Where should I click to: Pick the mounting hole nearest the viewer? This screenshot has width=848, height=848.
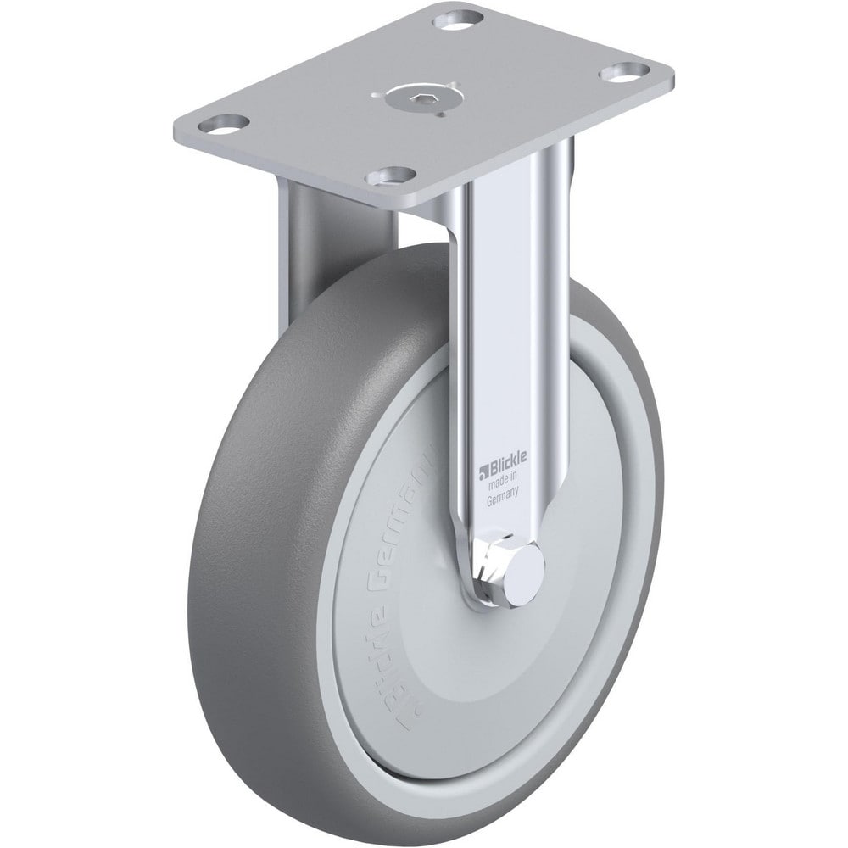[391, 176]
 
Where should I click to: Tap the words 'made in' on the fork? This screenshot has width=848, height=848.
[504, 484]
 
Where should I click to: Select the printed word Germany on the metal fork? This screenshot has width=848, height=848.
[504, 500]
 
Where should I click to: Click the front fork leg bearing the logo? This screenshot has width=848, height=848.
[500, 339]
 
